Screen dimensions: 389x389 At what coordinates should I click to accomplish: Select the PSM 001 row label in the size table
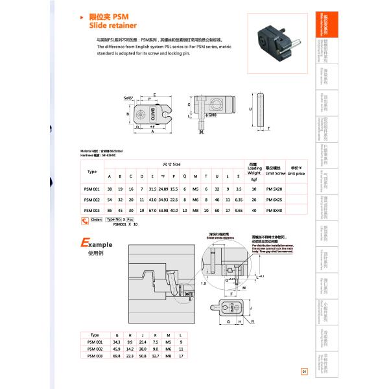(91, 188)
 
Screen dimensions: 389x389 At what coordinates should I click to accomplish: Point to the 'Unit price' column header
(296, 171)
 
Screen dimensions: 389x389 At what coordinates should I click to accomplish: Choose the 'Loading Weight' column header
(254, 170)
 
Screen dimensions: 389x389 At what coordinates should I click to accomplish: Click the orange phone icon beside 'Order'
(84, 221)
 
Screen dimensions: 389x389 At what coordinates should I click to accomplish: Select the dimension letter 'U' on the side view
(250, 110)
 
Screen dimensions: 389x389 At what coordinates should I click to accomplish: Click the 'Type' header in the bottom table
(95, 336)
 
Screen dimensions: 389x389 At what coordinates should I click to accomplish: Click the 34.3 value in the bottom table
(117, 342)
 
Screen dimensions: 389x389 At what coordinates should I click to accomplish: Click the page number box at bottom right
(303, 371)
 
